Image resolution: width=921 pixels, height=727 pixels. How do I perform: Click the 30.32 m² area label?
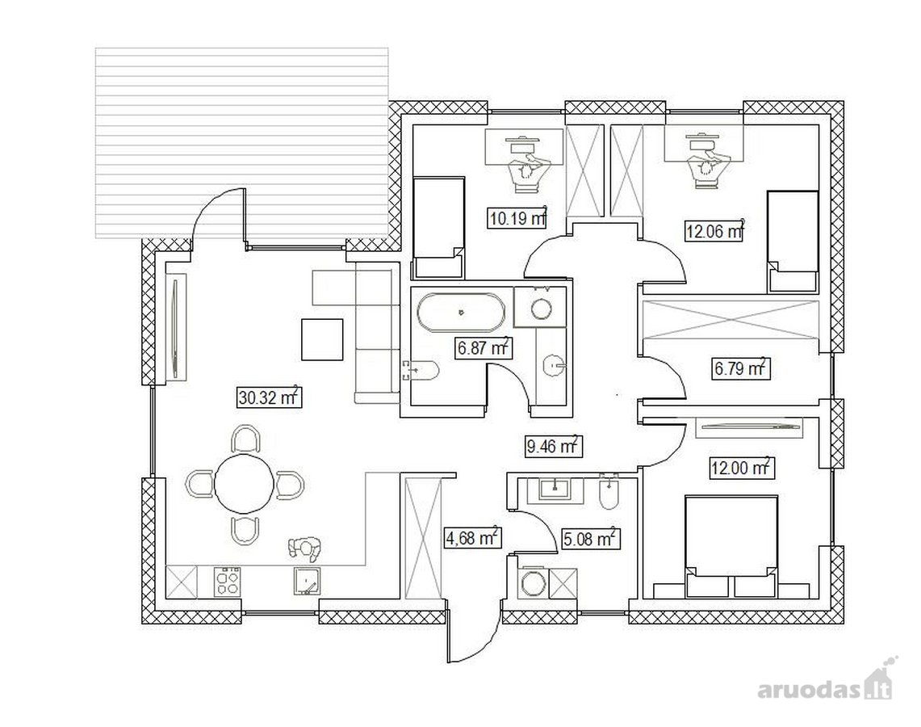[x=269, y=397]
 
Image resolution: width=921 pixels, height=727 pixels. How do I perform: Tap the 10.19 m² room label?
[x=517, y=218]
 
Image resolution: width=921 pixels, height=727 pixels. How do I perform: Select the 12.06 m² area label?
[x=714, y=230]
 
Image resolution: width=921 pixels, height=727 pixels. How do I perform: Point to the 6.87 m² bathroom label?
[x=484, y=347]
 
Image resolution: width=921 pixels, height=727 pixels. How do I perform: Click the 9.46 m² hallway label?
[x=553, y=446]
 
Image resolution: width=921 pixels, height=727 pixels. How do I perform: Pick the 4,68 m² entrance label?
[x=471, y=537]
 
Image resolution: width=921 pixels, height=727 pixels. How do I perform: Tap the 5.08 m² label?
[x=590, y=538]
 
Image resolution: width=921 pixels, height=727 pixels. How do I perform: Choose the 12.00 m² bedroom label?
[x=740, y=468]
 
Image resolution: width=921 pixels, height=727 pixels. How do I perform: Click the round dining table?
[x=244, y=484]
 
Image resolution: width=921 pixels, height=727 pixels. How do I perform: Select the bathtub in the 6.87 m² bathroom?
[x=461, y=312]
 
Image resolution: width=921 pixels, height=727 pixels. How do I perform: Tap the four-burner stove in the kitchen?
[x=228, y=582]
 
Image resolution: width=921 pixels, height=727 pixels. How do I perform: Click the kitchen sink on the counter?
[x=308, y=581]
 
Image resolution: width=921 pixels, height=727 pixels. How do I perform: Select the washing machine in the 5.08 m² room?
[x=534, y=583]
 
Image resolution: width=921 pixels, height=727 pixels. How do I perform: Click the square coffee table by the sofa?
[x=322, y=339]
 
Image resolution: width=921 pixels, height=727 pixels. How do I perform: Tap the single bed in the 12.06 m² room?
[x=793, y=241]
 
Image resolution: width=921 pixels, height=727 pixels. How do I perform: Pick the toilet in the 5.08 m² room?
[x=609, y=492]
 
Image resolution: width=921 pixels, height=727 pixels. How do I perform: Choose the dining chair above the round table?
[x=246, y=439]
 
